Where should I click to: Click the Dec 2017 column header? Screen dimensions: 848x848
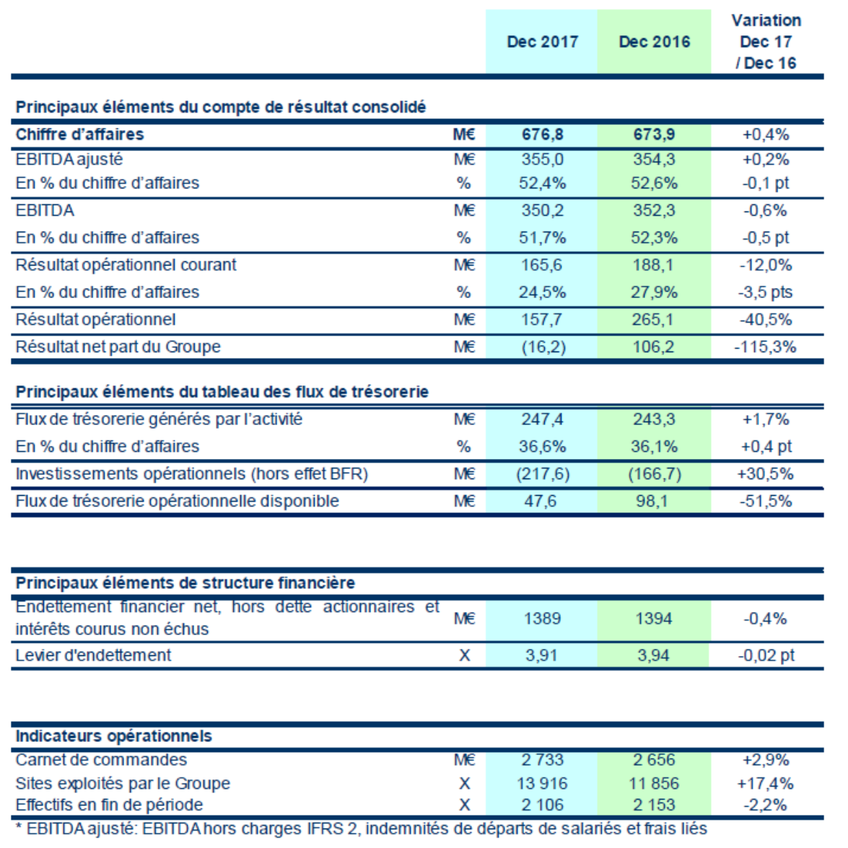pos(542,42)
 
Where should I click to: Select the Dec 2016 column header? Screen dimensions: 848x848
pos(654,42)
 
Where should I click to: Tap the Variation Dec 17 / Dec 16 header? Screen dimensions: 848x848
pos(766,42)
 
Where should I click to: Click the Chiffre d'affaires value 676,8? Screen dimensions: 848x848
pos(542,134)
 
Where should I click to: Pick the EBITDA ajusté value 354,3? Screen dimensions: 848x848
pos(653,159)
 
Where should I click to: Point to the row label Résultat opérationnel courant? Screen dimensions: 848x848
pos(126,265)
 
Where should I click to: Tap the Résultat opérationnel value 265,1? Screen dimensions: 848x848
pos(653,320)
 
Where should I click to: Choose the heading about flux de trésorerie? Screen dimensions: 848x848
pos(222,392)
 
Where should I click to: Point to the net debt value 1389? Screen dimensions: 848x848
pos(541,618)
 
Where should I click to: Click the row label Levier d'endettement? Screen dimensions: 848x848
pos(93,655)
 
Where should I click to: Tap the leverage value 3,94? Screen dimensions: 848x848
pos(653,655)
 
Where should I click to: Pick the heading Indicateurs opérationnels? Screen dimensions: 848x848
pos(114,736)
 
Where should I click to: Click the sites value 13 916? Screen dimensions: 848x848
pos(542,783)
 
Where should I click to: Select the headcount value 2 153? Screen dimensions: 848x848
pos(654,805)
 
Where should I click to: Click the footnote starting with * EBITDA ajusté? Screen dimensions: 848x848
pos(361,829)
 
